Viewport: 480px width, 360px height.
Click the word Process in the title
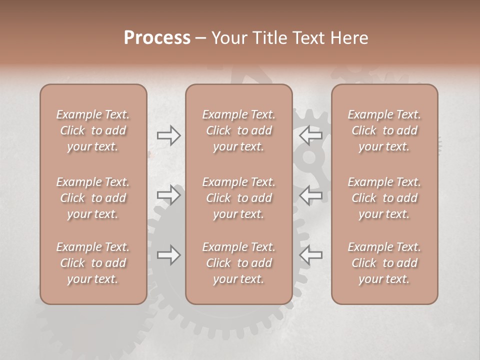(x=157, y=38)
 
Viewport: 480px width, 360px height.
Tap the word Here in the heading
(x=349, y=38)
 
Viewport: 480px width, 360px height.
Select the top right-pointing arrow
(x=169, y=135)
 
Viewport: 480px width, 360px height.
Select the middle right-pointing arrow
(x=169, y=194)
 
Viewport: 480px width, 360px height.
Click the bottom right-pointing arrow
(x=169, y=255)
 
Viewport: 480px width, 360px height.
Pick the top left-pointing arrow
(x=310, y=135)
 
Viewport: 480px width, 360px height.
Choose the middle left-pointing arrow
(x=310, y=194)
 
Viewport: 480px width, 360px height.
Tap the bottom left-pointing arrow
(x=310, y=255)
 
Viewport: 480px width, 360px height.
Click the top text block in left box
(x=93, y=130)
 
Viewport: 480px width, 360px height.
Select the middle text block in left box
(x=93, y=198)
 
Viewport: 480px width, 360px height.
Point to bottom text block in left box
(x=93, y=263)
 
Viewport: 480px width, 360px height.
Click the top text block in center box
(x=238, y=130)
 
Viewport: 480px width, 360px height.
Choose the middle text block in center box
(x=238, y=198)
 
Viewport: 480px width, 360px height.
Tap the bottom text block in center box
(x=238, y=263)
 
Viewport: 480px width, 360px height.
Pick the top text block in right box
(x=384, y=130)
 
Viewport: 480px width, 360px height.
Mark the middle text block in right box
(x=384, y=198)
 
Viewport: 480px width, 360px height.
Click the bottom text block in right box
(x=384, y=263)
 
